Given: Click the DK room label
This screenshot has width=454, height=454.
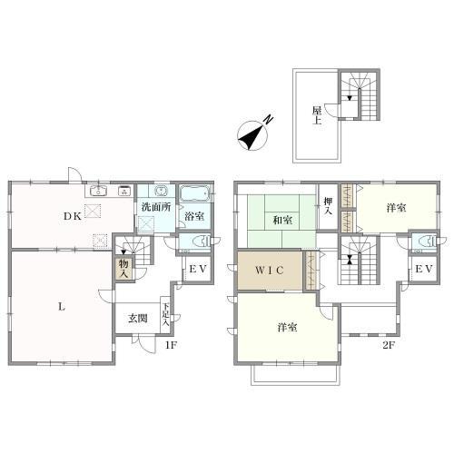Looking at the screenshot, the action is (73, 216).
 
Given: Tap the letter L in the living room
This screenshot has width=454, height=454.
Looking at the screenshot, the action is (62, 307).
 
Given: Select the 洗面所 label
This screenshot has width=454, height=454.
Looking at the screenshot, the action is (156, 207).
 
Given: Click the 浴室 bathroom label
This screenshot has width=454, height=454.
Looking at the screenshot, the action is (194, 216).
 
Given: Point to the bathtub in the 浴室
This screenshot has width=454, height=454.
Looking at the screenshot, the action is (194, 193).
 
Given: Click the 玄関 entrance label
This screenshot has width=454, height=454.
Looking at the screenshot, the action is (138, 319).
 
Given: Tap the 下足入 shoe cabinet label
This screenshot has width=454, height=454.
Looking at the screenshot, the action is (165, 314).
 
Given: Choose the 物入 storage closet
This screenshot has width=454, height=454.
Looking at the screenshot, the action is (124, 269).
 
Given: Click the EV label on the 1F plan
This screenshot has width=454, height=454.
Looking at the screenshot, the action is (198, 269).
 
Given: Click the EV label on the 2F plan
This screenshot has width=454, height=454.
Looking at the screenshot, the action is (424, 269).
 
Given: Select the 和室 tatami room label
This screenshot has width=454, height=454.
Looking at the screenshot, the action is (282, 220).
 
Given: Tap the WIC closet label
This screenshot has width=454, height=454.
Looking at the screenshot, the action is (270, 270).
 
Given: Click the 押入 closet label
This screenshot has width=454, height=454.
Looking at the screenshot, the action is (328, 206).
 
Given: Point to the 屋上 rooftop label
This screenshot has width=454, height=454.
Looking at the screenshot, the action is (317, 115).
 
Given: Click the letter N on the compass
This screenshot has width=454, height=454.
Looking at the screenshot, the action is (268, 120).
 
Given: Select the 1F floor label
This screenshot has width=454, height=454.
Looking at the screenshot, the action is (171, 345).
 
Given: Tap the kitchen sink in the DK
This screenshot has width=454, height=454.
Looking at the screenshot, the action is (98, 191).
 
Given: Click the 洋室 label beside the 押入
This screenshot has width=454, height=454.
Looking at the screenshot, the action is (396, 208).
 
